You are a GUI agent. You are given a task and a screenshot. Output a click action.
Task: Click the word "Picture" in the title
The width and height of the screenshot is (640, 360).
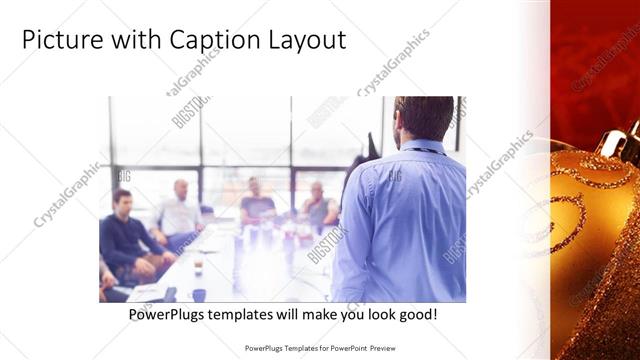coord(59,41)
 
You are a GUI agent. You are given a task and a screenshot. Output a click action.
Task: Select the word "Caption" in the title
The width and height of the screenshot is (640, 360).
coord(211,41)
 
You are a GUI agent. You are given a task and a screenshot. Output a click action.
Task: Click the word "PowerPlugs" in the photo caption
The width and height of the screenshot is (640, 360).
coord(169,314)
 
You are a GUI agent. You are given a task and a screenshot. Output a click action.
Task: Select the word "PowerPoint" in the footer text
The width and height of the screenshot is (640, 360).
coord(345,348)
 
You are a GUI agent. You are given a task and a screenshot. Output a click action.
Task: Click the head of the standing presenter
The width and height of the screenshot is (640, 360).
coord(424,118)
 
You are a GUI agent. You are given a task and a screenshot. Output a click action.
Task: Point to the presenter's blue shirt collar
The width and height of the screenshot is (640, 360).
coord(425,148)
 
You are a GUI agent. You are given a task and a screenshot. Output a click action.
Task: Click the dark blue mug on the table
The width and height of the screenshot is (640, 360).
coord(199,295)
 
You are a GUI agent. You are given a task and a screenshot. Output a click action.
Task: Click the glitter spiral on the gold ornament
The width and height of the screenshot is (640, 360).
coord(571,215)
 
